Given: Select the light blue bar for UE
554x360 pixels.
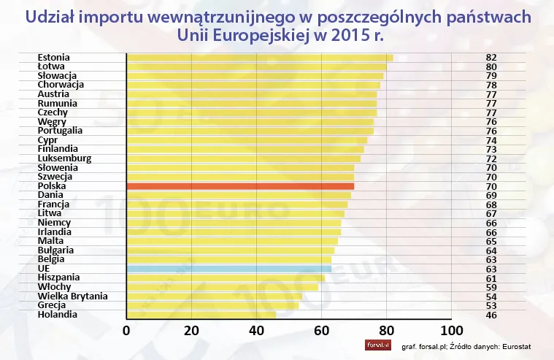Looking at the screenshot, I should (x=228, y=269).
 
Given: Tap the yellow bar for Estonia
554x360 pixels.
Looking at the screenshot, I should (x=259, y=58).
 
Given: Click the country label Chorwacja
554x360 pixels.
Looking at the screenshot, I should (x=61, y=85).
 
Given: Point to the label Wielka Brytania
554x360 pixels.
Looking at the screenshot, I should (x=72, y=296).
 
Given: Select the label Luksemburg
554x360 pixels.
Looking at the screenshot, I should (x=64, y=158).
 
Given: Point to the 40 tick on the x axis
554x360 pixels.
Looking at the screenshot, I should (x=256, y=330).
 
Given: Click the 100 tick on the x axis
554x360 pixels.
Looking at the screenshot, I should (x=451, y=330).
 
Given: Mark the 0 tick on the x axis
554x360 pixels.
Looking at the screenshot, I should (x=127, y=330).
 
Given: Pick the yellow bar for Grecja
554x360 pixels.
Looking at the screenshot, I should (x=212, y=305).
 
